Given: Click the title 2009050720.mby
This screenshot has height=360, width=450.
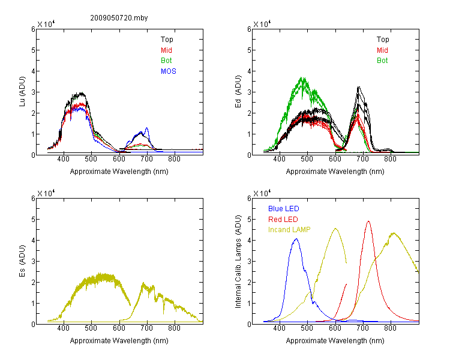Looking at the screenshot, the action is [119, 18].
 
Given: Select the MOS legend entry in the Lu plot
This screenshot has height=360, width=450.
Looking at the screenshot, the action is [168, 71].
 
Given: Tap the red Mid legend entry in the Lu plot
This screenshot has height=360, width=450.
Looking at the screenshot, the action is [166, 50].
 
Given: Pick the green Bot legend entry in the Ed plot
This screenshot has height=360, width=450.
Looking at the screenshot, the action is [382, 61].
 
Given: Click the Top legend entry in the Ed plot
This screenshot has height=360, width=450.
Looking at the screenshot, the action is [383, 40].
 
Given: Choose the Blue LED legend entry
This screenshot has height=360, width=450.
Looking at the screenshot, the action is [284, 209].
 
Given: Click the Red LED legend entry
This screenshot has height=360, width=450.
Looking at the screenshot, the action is [283, 220].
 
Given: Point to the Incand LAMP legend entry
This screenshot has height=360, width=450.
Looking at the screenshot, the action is [289, 230].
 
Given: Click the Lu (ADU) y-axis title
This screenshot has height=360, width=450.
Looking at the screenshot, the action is [22, 91].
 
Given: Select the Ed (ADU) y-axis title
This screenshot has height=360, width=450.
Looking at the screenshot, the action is [238, 91].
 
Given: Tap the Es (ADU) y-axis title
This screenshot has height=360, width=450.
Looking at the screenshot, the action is [22, 260].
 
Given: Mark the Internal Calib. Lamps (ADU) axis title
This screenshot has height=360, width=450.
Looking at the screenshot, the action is [238, 262].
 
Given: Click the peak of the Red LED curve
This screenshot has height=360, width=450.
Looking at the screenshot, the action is [368, 221].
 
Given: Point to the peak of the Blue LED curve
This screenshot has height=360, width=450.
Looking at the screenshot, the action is [296, 239].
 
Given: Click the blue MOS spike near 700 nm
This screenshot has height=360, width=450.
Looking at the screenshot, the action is [146, 128].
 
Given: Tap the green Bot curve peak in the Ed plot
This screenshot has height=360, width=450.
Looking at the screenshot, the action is [302, 77].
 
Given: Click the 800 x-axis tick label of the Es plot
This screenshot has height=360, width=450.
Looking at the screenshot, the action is [174, 328].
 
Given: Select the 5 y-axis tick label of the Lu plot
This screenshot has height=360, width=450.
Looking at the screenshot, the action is [33, 50].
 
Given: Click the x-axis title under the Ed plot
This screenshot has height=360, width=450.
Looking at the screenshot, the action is [335, 172].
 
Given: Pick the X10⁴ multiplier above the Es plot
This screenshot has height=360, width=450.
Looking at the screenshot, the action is [46, 193].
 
